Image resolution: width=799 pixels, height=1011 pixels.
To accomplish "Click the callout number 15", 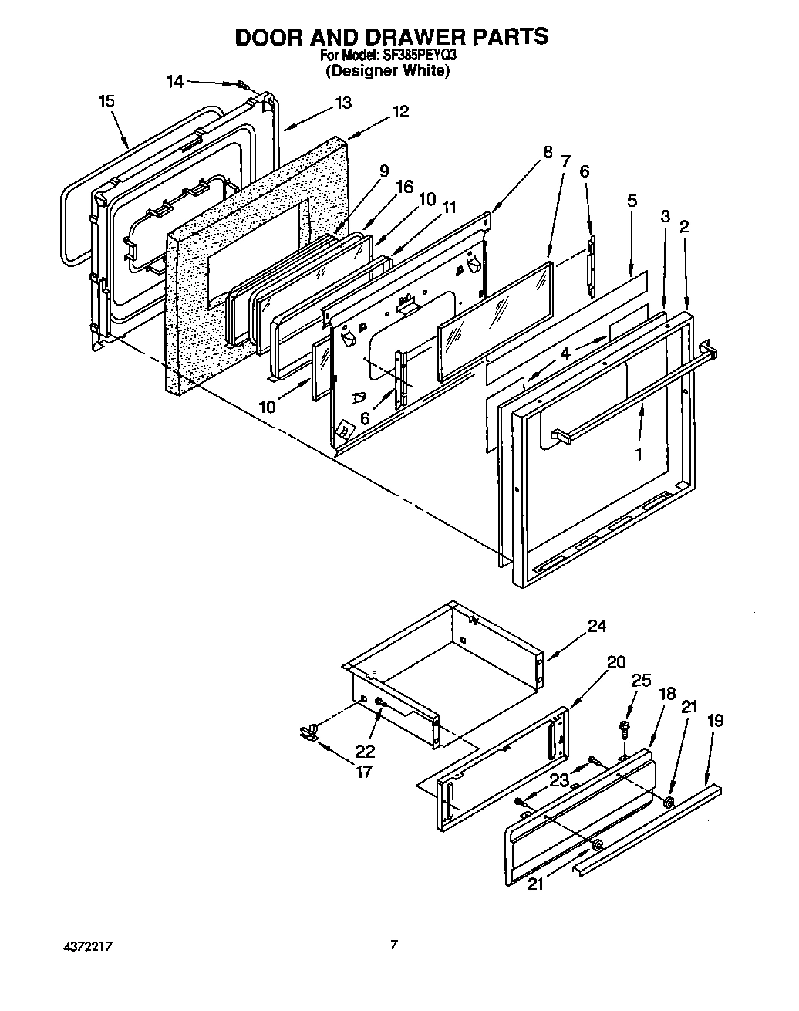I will pyautogui.click(x=107, y=101).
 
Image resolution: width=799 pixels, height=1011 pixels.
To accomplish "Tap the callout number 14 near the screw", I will pyautogui.click(x=175, y=81).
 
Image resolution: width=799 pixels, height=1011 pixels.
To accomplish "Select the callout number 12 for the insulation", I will pyautogui.click(x=400, y=111).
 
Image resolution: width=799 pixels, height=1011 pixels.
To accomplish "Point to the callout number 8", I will pyautogui.click(x=547, y=152).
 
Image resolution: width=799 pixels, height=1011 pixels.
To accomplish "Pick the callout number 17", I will pyautogui.click(x=362, y=771).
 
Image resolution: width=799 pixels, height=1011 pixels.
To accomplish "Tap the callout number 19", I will pyautogui.click(x=716, y=721).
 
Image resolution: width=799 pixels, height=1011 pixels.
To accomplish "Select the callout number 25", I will pyautogui.click(x=641, y=681).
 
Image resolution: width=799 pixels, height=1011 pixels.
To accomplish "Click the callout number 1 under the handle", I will pyautogui.click(x=638, y=455).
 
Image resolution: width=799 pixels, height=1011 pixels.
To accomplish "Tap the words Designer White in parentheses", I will pyautogui.click(x=386, y=70).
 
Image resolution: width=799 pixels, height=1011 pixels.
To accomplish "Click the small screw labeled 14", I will pyautogui.click(x=242, y=84).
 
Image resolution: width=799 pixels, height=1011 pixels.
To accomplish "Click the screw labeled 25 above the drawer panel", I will pyautogui.click(x=622, y=728).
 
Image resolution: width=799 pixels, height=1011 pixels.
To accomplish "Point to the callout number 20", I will pyautogui.click(x=616, y=662).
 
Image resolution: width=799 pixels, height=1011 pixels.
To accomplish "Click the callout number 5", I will pyautogui.click(x=632, y=201).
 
